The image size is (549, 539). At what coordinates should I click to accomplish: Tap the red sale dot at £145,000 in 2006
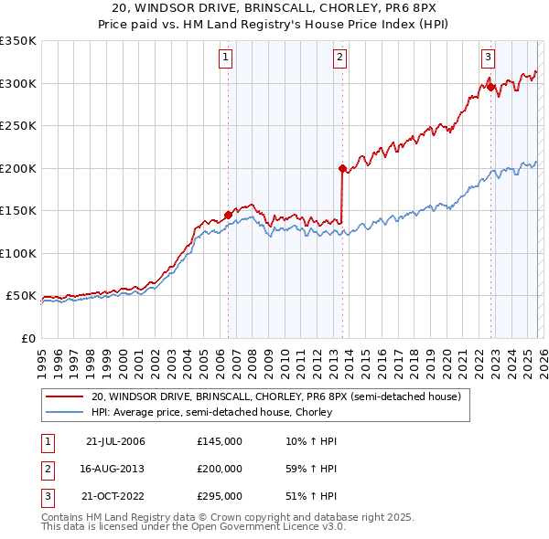(x=228, y=216)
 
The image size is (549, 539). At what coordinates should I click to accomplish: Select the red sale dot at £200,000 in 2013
(x=341, y=168)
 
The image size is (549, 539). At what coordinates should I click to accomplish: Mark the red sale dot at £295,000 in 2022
(x=490, y=88)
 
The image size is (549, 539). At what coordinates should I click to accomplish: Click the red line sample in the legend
(x=65, y=396)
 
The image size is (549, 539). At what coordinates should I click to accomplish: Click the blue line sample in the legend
(x=65, y=412)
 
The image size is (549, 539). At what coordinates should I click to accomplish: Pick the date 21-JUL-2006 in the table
(x=114, y=441)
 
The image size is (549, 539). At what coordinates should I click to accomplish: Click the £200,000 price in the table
(x=220, y=469)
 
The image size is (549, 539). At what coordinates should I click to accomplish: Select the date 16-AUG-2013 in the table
(x=114, y=469)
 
